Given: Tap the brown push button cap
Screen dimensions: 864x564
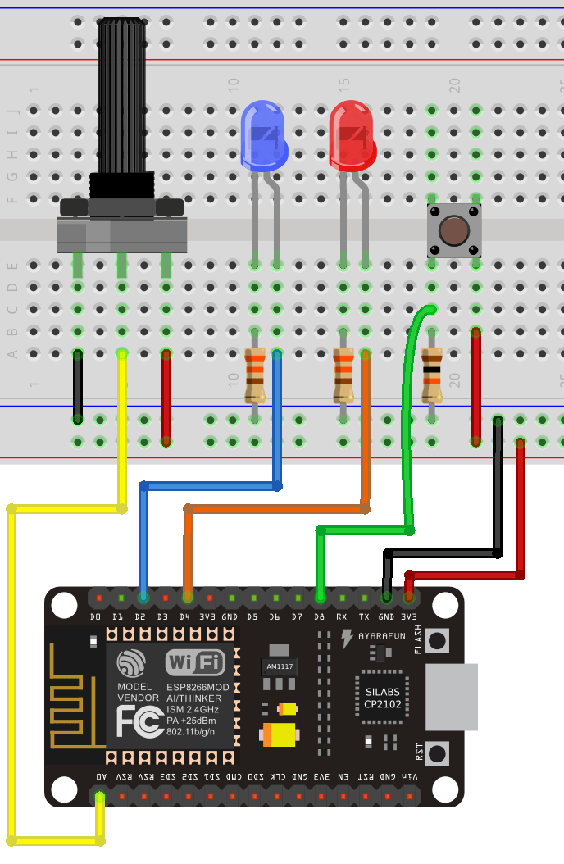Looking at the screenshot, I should (x=453, y=230).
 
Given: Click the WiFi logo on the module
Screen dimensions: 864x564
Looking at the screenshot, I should (x=195, y=662).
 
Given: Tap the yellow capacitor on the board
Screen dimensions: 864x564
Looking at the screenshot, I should (x=278, y=734).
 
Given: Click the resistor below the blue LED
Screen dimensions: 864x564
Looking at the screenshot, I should (x=255, y=375).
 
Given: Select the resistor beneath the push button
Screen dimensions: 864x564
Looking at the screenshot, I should (x=431, y=375).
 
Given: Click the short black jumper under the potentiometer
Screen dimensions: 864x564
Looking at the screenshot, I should (x=78, y=386).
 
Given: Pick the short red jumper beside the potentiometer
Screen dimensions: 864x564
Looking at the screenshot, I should (x=166, y=398).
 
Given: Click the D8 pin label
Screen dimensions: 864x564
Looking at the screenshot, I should (x=319, y=616).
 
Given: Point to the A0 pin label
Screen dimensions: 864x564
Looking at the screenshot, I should (x=100, y=775).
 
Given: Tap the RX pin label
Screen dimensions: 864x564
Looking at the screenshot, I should (x=342, y=616).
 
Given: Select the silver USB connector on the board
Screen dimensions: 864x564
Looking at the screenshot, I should (x=453, y=698).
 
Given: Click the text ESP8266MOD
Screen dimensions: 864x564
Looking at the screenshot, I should (x=198, y=686).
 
